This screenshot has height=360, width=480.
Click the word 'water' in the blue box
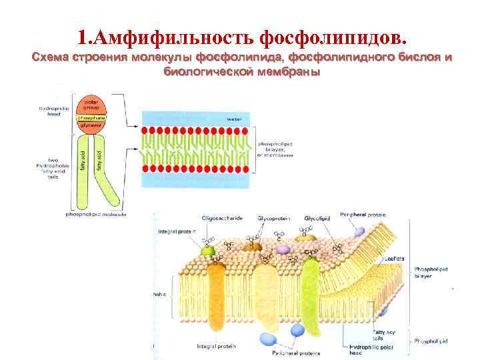234,118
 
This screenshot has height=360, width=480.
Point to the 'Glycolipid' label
317,218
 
